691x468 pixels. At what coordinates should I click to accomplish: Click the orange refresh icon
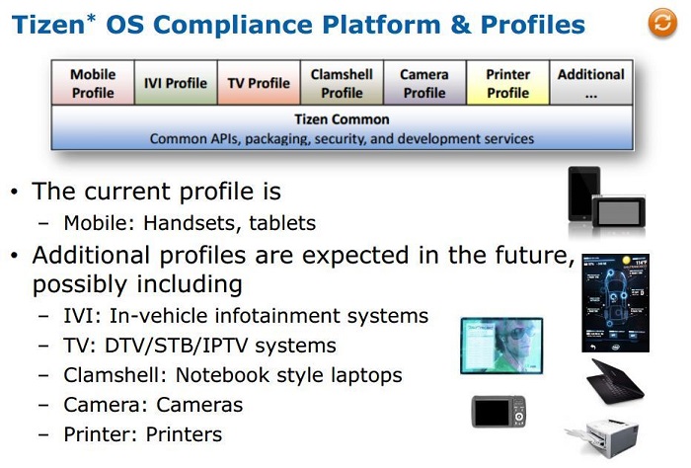coord(662,23)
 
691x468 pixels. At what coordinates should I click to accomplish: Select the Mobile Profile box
coord(93,83)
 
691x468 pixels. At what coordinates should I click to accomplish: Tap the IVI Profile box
coord(176,83)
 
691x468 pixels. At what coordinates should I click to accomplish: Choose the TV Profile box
coord(259,83)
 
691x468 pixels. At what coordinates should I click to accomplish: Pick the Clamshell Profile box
coord(342,83)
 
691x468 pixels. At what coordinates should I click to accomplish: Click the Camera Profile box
coord(424,83)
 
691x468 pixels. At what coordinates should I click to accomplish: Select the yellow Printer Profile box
coord(507,83)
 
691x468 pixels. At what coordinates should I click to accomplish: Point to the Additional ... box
coord(591,83)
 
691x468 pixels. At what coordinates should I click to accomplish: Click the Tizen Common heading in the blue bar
coord(342,119)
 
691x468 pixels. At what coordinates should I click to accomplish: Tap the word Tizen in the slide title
coord(48,25)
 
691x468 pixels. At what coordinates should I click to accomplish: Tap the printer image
coord(602,437)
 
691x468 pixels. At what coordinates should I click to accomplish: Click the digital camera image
coord(499,412)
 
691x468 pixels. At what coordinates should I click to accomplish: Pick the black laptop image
coord(615,381)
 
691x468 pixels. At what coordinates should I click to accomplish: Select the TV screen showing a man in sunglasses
coord(501,346)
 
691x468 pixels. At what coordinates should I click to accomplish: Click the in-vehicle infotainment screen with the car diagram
coord(615,303)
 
